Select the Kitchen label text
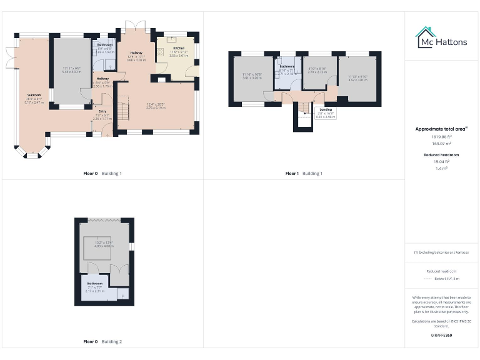point(178,48)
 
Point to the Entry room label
point(102,111)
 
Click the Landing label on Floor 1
point(326,109)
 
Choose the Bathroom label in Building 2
point(95,282)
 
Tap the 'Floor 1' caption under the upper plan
point(292,173)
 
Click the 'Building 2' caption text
point(112,342)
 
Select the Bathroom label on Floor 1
point(287,66)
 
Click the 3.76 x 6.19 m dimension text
point(156,107)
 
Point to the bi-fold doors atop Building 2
point(105,219)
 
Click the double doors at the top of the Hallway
point(134,25)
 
